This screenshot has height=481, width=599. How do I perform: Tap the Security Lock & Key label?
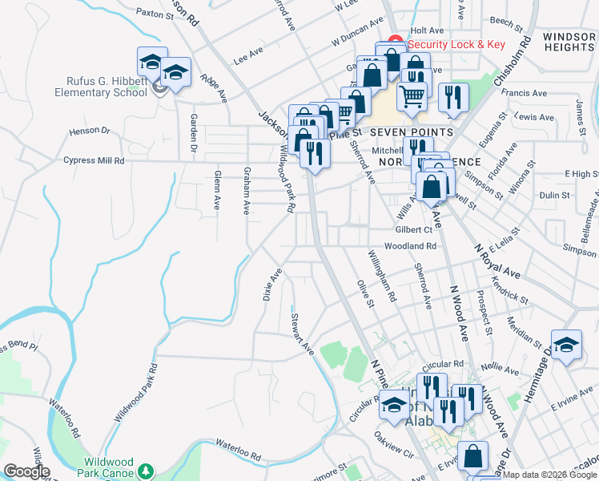[x=456, y=44]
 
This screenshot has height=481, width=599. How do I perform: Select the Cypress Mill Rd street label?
[x=94, y=160]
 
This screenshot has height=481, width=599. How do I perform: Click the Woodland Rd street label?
[x=409, y=246]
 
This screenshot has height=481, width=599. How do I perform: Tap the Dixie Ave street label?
[x=272, y=285]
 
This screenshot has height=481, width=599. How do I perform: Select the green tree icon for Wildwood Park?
[x=145, y=469]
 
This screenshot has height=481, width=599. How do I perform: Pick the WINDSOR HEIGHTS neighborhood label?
[x=569, y=42]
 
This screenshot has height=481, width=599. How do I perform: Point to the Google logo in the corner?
[x=26, y=471]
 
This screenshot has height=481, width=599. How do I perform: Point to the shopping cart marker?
[x=412, y=95]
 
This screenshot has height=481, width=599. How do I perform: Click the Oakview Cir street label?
[x=392, y=446]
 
